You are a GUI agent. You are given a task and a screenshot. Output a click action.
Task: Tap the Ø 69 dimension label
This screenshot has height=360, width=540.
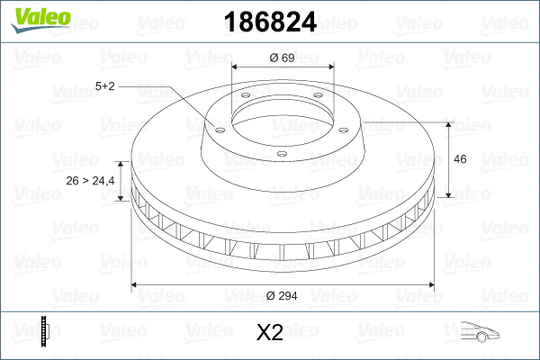(283, 58)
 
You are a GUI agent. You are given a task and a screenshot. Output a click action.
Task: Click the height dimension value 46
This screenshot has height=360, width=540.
(460, 159)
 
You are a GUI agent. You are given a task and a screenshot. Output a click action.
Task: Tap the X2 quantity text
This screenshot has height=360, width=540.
(269, 333)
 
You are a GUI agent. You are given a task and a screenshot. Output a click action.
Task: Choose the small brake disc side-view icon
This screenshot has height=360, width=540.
(46, 332)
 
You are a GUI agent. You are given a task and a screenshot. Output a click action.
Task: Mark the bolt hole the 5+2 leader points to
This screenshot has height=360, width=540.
(217, 126)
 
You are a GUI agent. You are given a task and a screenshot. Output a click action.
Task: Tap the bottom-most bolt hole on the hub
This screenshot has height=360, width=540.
(282, 154)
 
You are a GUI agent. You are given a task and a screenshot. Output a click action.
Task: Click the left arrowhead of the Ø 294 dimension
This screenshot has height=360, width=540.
(136, 285)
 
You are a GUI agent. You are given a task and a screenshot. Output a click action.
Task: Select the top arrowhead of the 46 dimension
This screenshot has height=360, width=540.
(449, 123)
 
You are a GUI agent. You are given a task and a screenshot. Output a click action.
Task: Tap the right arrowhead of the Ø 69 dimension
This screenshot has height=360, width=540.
(330, 67)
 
